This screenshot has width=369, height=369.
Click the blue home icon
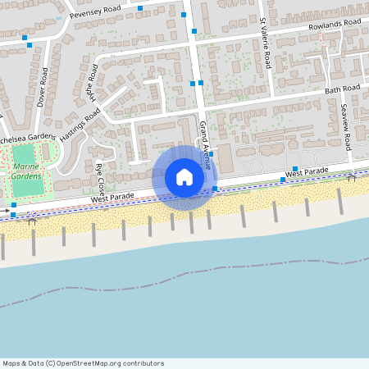coord(184,177)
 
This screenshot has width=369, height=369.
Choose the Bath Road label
coord(342,89)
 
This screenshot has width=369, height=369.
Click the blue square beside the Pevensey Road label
coord(140,8)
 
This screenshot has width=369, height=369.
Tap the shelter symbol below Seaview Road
coord(351,176)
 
